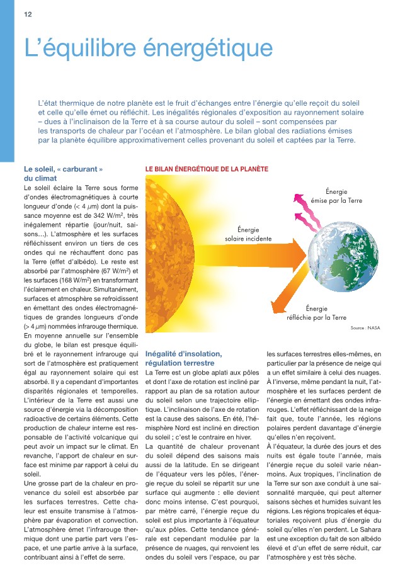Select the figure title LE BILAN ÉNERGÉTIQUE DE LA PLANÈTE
click(207, 169)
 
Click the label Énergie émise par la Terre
click(336, 196)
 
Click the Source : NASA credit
click(365, 328)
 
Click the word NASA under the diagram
click(374, 328)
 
